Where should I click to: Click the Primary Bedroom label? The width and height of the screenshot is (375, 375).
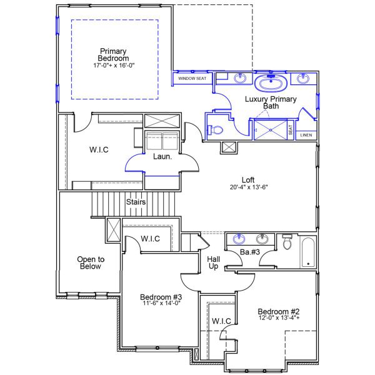113,54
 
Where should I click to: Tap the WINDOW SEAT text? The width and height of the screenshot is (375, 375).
191,79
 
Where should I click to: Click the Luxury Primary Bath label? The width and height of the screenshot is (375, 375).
270,102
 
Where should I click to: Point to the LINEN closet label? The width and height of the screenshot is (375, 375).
306,135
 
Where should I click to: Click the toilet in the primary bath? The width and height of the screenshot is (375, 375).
216,129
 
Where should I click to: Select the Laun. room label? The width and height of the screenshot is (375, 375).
162,156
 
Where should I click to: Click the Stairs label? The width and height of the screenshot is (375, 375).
136,202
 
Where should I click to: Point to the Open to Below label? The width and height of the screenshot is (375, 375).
91,262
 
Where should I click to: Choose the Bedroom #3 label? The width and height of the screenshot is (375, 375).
161,299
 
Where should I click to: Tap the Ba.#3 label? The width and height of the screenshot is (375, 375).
249,252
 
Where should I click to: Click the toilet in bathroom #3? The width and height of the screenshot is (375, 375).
287,242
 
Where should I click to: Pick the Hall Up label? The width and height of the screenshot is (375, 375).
212,262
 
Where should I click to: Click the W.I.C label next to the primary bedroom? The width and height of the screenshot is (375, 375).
100,150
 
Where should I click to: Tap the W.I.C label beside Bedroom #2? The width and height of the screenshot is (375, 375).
221,321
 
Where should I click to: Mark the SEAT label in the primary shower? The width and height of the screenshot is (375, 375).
291,129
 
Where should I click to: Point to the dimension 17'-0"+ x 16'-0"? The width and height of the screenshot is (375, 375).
113,64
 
